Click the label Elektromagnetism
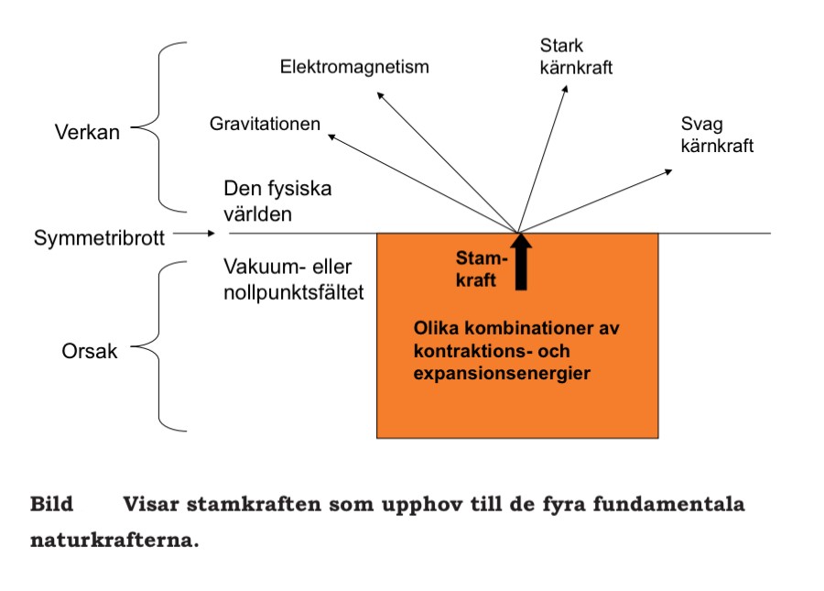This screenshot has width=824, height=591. click(x=354, y=67)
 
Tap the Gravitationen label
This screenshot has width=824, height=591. click(x=265, y=124)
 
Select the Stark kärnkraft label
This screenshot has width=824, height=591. click(x=576, y=57)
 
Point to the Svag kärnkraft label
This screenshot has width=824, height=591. click(x=717, y=134)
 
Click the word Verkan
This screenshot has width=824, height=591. click(x=88, y=132)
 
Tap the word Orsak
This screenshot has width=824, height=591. click(x=90, y=350)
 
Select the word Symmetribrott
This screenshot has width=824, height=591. click(x=99, y=237)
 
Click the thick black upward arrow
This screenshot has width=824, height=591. click(x=521, y=262)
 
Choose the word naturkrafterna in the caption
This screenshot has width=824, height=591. click(x=114, y=540)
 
